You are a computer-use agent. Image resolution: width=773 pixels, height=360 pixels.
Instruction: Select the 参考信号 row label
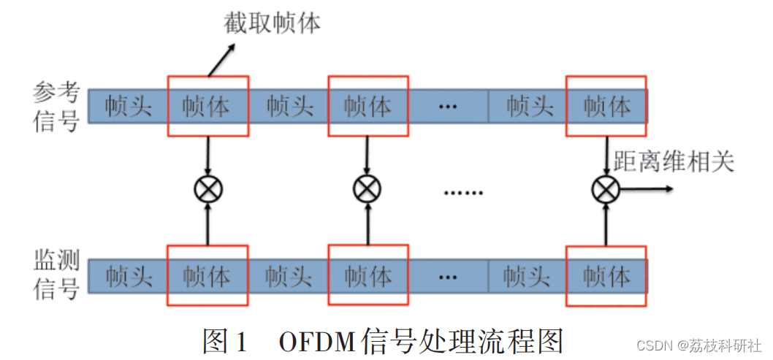coord(56,107)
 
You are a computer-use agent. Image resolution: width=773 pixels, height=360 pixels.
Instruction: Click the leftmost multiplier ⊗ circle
coord(208,190)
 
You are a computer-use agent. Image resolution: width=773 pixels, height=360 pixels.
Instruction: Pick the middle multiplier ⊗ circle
coord(368,190)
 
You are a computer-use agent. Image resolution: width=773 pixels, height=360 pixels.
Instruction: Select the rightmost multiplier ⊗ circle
coord(606,190)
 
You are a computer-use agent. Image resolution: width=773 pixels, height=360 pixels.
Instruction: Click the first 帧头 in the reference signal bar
coord(128,107)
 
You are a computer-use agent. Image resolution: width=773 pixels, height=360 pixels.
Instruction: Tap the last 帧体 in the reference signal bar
coord(606,107)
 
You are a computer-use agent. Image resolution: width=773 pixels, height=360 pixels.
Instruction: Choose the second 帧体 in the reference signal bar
coord(368,107)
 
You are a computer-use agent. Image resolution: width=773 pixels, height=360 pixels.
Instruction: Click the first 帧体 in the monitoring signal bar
coord(207,277)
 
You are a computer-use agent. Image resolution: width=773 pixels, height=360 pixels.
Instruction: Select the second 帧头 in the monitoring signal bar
coord(289,277)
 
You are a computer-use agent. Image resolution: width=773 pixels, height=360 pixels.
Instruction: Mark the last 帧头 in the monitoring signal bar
coord(527,277)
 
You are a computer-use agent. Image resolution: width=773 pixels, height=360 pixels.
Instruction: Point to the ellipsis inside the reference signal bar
coord(447,107)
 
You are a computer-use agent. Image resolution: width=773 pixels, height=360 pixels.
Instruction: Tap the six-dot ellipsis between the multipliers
coord(464,194)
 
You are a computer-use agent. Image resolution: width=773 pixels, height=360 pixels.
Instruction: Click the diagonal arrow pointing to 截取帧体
coord(221,59)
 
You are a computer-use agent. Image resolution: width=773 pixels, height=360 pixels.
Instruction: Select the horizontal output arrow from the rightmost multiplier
coord(647,190)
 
